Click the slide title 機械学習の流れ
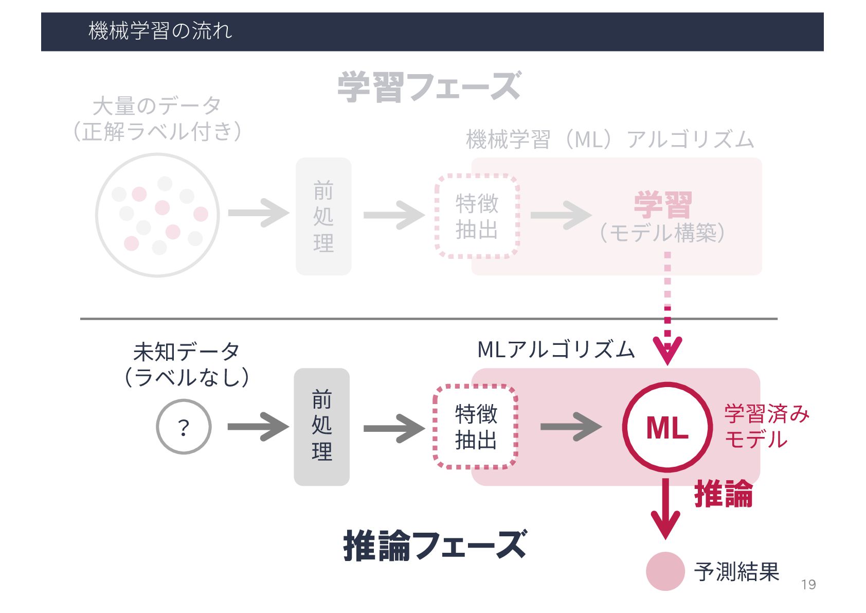160,31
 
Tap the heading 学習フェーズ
429,86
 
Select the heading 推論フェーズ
435,546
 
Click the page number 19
808,585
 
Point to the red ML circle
667,427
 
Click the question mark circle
184,427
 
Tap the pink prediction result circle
665,571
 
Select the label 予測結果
736,572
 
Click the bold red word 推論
723,495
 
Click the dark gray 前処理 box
321,427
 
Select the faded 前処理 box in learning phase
323,216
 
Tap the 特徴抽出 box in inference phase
476,427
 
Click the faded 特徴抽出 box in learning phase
477,216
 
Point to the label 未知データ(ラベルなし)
186,364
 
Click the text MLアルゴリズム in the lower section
556,350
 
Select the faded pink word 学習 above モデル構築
662,205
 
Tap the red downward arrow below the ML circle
665,510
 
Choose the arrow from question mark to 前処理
258,427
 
